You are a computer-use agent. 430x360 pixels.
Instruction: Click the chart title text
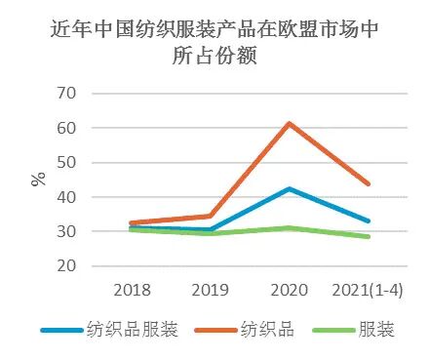click(215, 43)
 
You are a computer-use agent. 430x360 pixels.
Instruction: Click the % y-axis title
click(37, 178)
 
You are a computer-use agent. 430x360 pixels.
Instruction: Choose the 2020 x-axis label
click(291, 289)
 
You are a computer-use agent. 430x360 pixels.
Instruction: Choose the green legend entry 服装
click(355, 330)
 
